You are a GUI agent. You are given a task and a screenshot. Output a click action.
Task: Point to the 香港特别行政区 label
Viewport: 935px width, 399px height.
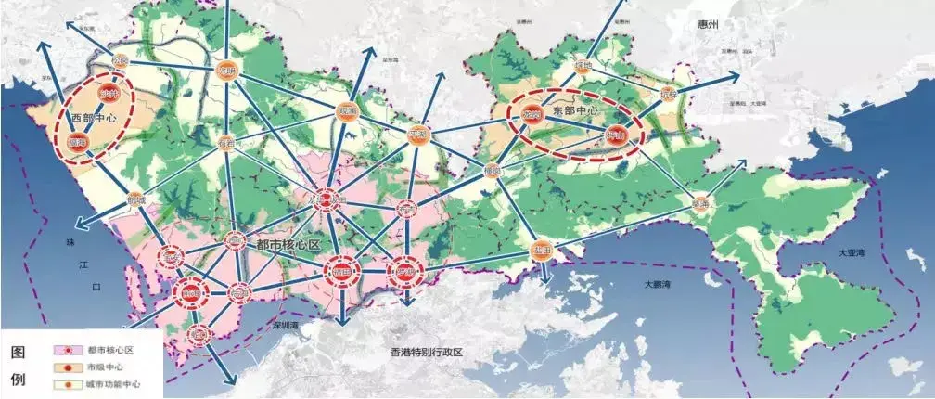click(427, 354)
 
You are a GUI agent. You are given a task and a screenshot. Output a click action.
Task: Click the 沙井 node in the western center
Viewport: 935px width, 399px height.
click(109, 95)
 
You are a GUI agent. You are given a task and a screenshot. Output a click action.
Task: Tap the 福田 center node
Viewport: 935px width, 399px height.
click(341, 273)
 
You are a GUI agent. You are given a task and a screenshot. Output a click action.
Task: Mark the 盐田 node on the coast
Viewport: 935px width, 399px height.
click(541, 251)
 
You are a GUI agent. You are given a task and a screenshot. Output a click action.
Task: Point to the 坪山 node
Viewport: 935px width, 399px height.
click(614, 135)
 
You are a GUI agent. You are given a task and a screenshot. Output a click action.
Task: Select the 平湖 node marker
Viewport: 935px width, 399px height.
click(417, 136)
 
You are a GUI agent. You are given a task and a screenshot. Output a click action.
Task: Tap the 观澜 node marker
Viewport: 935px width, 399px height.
click(347, 111)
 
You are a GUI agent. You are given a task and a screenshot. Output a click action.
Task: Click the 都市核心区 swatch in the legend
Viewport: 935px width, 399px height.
click(66, 351)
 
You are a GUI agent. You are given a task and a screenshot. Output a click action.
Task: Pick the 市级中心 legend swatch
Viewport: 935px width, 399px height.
click(66, 367)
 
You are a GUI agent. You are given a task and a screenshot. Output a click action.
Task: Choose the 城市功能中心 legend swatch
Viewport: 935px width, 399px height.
click(66, 384)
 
